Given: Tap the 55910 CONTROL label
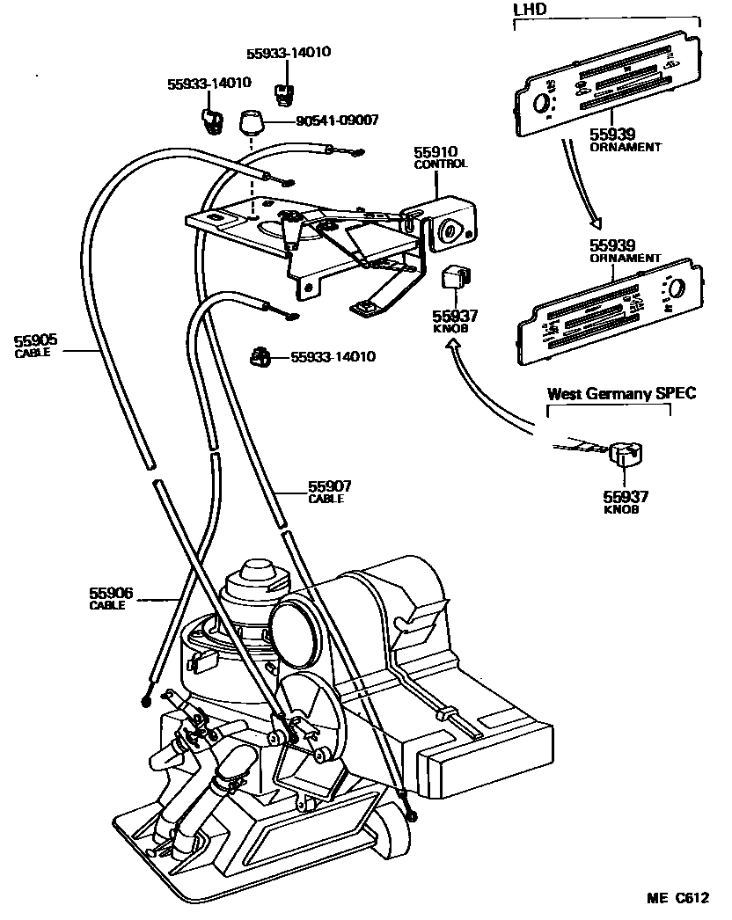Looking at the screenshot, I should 441,157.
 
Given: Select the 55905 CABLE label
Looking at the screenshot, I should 36,342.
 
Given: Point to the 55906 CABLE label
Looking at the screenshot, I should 110,598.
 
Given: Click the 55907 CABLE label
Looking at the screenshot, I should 330,491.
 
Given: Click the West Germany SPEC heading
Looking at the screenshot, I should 621,393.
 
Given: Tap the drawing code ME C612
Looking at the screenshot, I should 678,899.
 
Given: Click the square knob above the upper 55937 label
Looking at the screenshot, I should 455,277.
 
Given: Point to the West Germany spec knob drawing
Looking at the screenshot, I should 626,455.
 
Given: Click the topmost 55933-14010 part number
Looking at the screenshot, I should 289,53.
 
